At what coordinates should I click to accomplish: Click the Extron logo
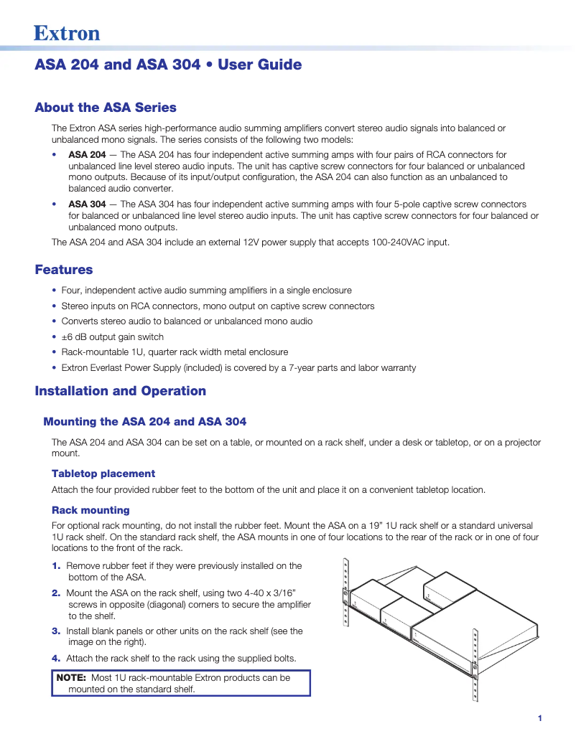[x=67, y=33]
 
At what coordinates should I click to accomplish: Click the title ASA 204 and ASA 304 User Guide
[x=168, y=65]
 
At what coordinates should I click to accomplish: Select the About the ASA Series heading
[x=106, y=108]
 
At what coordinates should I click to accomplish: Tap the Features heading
[x=64, y=270]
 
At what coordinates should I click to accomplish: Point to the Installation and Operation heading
[x=120, y=391]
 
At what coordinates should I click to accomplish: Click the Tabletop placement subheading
[x=103, y=474]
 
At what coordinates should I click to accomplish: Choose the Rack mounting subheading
[x=90, y=510]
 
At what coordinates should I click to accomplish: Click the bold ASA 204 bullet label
[x=87, y=155]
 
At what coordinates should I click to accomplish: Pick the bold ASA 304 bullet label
[x=87, y=204]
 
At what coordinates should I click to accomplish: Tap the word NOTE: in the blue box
[x=72, y=677]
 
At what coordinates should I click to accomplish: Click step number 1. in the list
[x=57, y=566]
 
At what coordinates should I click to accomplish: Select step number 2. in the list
[x=57, y=593]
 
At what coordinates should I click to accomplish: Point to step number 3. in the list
[x=57, y=631]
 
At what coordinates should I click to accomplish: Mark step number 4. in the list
[x=57, y=658]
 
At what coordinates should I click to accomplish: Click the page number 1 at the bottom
[x=539, y=718]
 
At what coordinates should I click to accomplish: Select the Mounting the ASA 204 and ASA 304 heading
[x=145, y=421]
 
